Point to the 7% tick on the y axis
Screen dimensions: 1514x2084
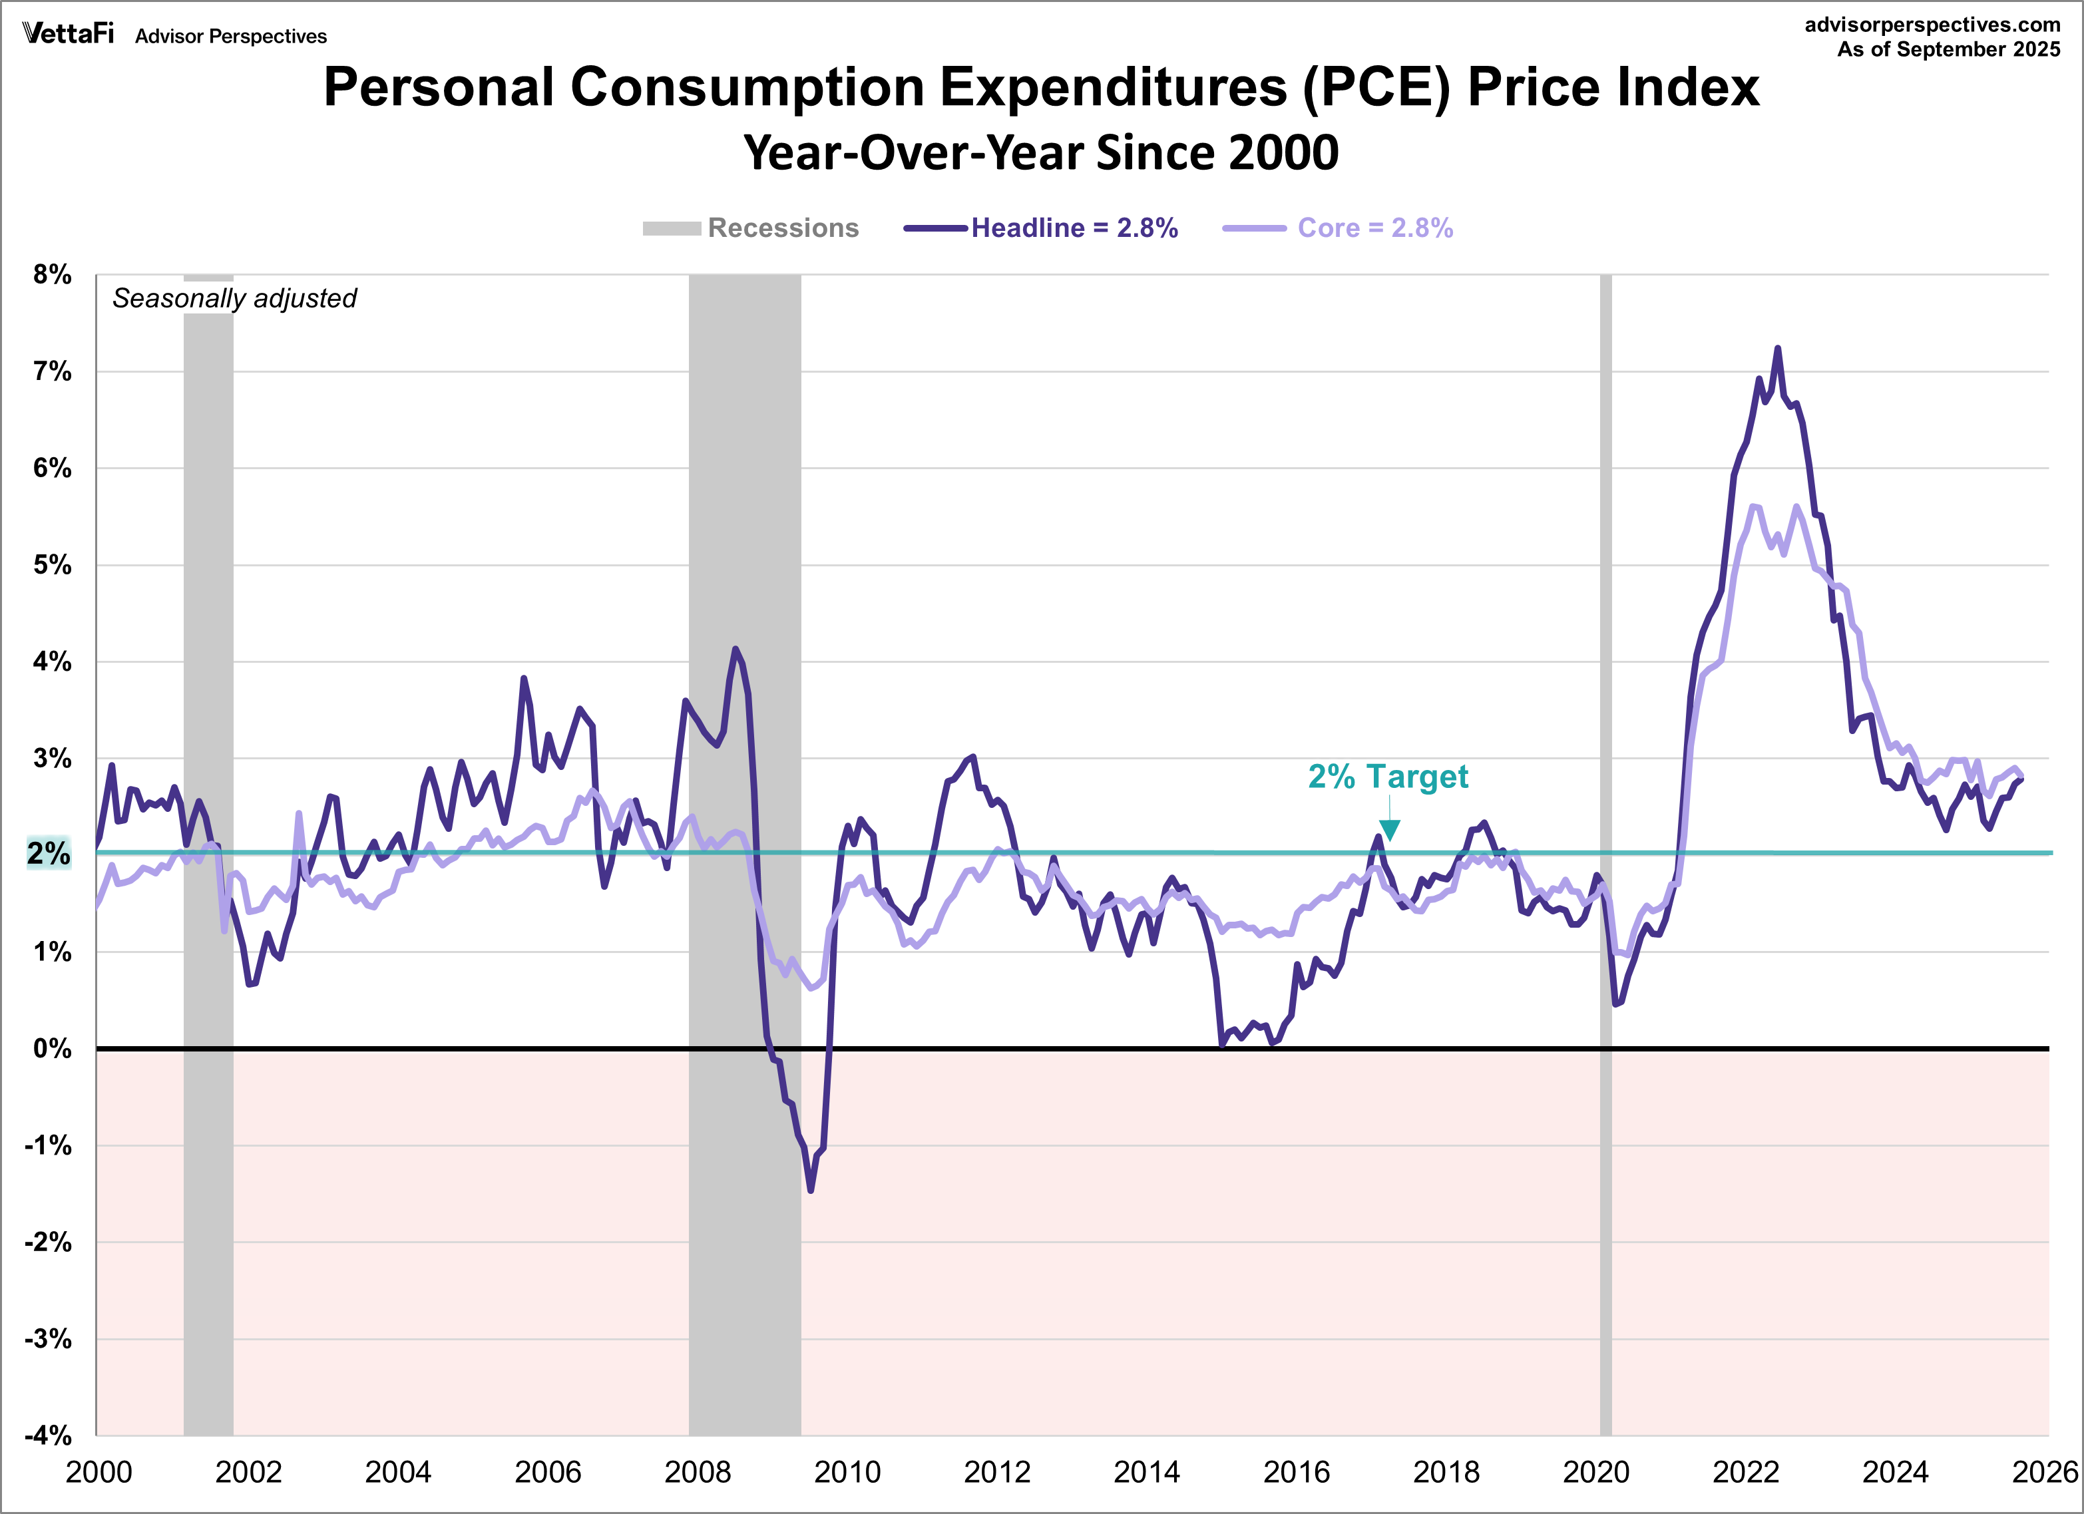click(51, 371)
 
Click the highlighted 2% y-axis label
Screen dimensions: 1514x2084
click(48, 853)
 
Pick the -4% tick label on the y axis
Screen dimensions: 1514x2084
click(48, 1435)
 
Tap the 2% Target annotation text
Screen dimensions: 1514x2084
click(1388, 776)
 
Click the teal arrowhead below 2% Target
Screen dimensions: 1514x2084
click(1389, 831)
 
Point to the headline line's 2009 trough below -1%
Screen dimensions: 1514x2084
click(811, 1191)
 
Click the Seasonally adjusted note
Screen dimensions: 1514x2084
click(234, 299)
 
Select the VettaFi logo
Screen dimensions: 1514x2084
click(68, 34)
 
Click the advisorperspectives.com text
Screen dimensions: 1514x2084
click(1932, 25)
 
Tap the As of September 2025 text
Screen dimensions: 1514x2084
click(1948, 50)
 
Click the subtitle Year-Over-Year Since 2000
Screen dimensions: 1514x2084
click(1041, 152)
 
